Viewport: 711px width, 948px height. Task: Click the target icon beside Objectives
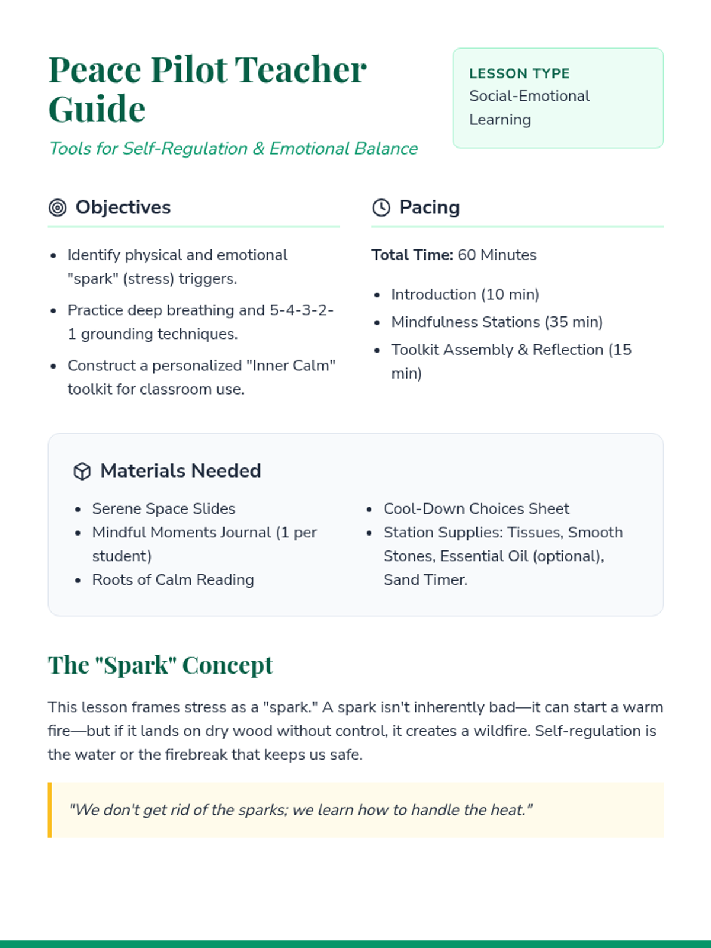[57, 207]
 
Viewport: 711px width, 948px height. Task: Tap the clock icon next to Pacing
[381, 207]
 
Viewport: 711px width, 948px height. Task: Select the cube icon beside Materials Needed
[82, 471]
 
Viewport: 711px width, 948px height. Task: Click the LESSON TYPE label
[519, 73]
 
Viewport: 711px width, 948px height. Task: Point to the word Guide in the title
[97, 109]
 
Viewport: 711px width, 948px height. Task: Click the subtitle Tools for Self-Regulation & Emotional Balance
[233, 148]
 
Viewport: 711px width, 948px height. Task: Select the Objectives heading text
[123, 207]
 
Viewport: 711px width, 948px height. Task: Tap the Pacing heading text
[429, 207]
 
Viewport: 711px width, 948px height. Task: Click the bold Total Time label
[412, 255]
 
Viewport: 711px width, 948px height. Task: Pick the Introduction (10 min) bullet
[465, 294]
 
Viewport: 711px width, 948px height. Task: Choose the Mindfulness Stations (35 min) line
[497, 322]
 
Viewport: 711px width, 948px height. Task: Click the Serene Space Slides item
[164, 508]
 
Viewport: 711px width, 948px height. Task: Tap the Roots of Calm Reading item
[173, 579]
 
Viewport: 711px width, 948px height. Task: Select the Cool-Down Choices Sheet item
[476, 508]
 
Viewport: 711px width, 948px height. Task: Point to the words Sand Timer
[425, 579]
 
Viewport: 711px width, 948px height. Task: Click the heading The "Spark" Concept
[160, 665]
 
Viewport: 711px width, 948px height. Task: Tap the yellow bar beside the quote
[50, 810]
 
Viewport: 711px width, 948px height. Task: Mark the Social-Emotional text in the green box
[529, 96]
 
